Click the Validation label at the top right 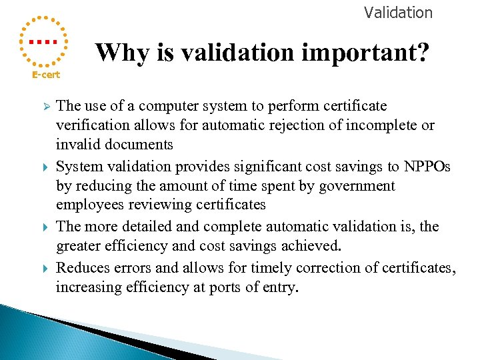click(x=398, y=13)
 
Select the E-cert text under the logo click(x=46, y=75)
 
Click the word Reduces click(x=81, y=267)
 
